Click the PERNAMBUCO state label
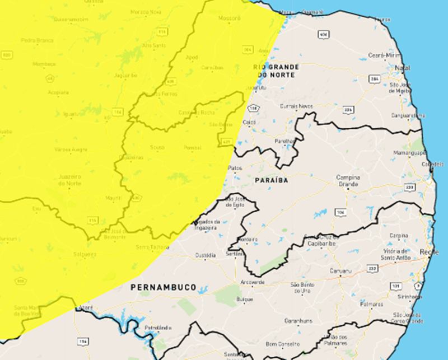[164, 287]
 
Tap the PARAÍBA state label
[271, 180]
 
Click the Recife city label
[430, 253]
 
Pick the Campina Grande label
[348, 180]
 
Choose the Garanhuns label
[297, 321]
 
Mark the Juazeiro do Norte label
[70, 180]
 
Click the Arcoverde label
[253, 282]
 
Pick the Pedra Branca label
[36, 40]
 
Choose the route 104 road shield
[340, 212]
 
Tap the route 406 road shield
[323, 35]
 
